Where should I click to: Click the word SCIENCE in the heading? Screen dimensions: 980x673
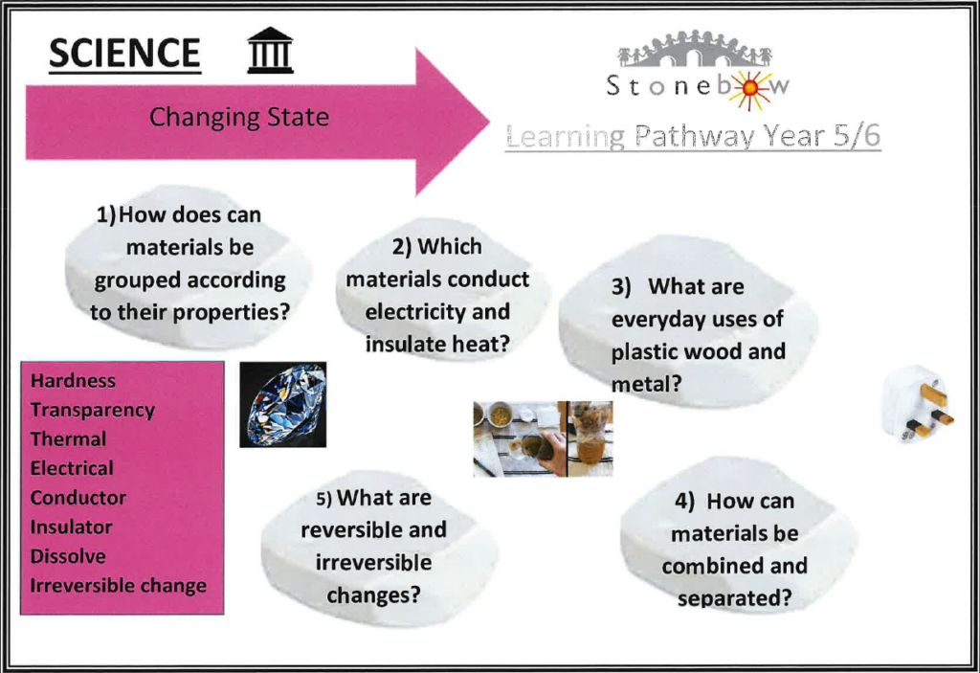(124, 53)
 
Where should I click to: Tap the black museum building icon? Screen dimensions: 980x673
(270, 50)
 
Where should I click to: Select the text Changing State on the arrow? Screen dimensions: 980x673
(238, 117)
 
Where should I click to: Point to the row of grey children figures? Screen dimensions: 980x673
(695, 48)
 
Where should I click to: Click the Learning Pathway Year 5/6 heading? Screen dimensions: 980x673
(693, 136)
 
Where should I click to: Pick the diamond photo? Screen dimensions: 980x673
(282, 405)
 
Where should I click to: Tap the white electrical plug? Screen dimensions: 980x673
(917, 403)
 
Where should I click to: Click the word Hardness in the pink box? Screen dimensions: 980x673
(73, 380)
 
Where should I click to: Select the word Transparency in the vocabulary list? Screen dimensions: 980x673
(93, 411)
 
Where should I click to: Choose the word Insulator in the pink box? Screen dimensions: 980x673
(71, 527)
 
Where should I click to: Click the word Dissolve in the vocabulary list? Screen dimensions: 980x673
(68, 556)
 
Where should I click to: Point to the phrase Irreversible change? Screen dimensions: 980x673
(118, 586)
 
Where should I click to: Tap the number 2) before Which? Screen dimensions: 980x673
(402, 247)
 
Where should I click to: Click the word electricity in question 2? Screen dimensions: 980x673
(413, 311)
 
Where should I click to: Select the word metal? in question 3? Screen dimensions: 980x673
(646, 384)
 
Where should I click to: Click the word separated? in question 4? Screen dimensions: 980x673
(734, 598)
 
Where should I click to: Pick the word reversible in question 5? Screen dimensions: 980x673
(345, 529)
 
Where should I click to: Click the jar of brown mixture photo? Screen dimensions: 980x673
(590, 439)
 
